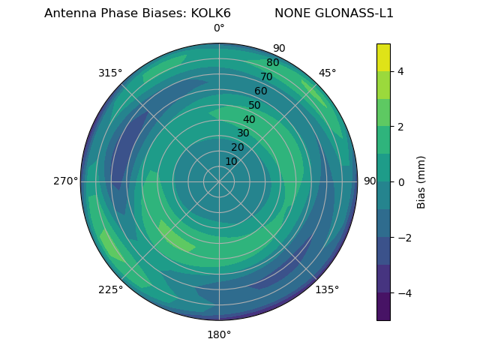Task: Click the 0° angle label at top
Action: pyautogui.click(x=219, y=28)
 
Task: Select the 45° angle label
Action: pyautogui.click(x=327, y=73)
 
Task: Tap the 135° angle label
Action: pyautogui.click(x=327, y=290)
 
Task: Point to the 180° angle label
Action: pyautogui.click(x=219, y=334)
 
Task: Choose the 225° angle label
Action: pyautogui.click(x=110, y=290)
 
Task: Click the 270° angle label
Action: pyautogui.click(x=66, y=181)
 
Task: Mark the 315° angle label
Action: pyautogui.click(x=110, y=73)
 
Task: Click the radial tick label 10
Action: pyautogui.click(x=231, y=162)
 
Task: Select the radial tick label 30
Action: pyautogui.click(x=243, y=133)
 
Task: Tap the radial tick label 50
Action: pyautogui.click(x=254, y=106)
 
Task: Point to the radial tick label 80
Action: pyautogui.click(x=272, y=63)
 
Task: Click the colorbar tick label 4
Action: pyautogui.click(x=400, y=71)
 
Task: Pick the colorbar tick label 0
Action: pyautogui.click(x=400, y=182)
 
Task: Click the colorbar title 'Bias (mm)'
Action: pyautogui.click(x=421, y=182)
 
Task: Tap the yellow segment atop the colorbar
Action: pyautogui.click(x=383, y=57)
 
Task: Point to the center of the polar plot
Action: pyautogui.click(x=219, y=181)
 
